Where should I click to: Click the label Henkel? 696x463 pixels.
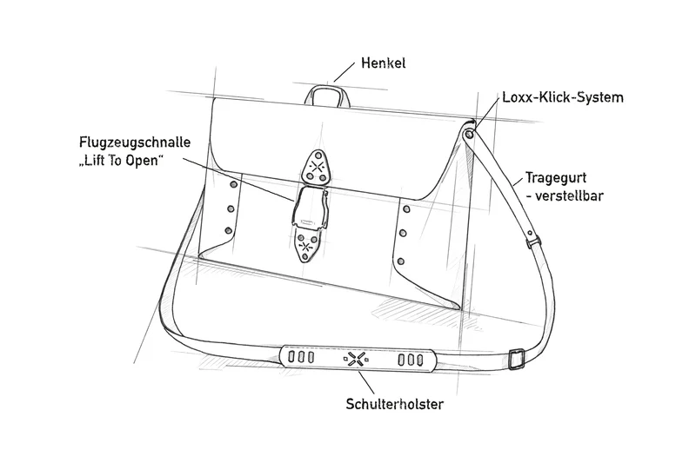[383, 63]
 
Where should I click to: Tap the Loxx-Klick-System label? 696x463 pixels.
[563, 97]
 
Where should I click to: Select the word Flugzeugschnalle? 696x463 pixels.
[135, 142]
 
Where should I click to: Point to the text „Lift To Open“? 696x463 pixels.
[121, 161]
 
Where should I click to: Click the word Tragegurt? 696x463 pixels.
[556, 178]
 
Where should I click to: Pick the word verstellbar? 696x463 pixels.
[569, 195]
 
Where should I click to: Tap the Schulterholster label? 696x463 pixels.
[395, 404]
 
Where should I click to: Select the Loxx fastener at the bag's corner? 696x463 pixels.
[469, 134]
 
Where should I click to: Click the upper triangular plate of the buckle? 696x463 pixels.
[316, 169]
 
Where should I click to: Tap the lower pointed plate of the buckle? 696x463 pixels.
[306, 245]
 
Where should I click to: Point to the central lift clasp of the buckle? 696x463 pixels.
[310, 206]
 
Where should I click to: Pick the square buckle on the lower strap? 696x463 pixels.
[516, 360]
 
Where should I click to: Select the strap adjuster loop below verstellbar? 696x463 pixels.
[533, 241]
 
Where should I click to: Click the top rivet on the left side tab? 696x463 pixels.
[233, 184]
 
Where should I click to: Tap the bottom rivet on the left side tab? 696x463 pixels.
[229, 230]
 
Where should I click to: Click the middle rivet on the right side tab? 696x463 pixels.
[403, 233]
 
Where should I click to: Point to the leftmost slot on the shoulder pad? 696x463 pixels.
[292, 356]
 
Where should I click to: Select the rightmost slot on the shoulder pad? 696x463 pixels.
[420, 360]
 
